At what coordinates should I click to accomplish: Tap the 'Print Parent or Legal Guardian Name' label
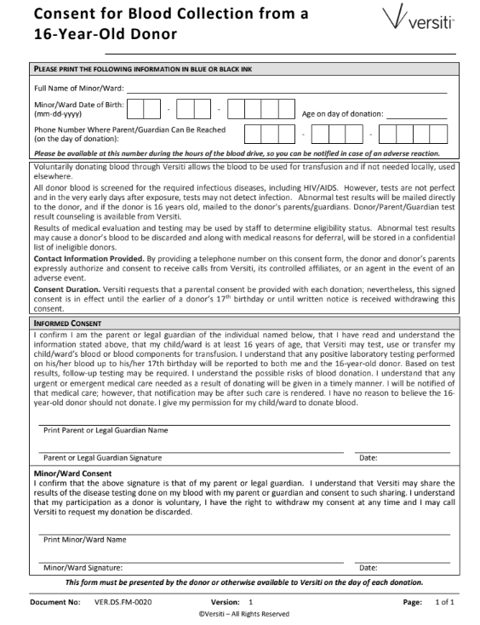click(106, 431)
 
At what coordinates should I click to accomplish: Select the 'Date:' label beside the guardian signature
click(369, 458)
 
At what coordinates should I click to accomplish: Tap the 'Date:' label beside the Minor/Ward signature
click(369, 567)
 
